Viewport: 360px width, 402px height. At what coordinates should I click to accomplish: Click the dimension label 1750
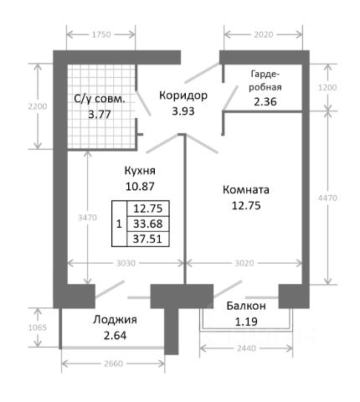pos(101,34)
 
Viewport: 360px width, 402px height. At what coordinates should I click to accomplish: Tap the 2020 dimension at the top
pos(264,34)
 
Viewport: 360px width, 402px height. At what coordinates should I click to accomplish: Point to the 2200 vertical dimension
pos(38,106)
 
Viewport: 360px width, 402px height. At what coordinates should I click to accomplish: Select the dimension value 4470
pos(327,198)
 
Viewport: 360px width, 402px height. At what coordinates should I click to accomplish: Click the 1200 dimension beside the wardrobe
pos(327,87)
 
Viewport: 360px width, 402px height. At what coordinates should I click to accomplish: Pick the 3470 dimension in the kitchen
pos(87,218)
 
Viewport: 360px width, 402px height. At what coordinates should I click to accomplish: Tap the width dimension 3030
pos(126,263)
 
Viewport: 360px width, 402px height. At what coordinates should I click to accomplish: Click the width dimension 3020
pos(244,263)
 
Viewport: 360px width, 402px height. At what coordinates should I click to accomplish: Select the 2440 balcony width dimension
pos(246,348)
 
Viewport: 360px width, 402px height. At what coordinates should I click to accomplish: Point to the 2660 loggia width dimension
pos(113,363)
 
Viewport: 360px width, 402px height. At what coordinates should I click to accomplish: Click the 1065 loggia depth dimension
pos(38,327)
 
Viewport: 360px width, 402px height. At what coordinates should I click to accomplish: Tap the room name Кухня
pos(140,170)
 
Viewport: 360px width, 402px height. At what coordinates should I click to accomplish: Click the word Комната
pos(246,190)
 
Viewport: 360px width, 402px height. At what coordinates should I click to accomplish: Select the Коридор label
pos(183,95)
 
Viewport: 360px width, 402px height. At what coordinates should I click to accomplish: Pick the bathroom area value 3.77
pos(100,114)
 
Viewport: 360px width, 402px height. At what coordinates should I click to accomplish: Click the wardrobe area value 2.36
pos(265,101)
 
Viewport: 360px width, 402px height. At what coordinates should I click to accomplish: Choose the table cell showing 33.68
pos(148,224)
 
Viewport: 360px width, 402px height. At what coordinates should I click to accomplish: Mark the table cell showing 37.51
pos(148,239)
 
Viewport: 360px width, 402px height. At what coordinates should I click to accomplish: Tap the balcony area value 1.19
pos(246,322)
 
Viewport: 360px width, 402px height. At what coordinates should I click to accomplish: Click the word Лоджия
pos(115,320)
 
